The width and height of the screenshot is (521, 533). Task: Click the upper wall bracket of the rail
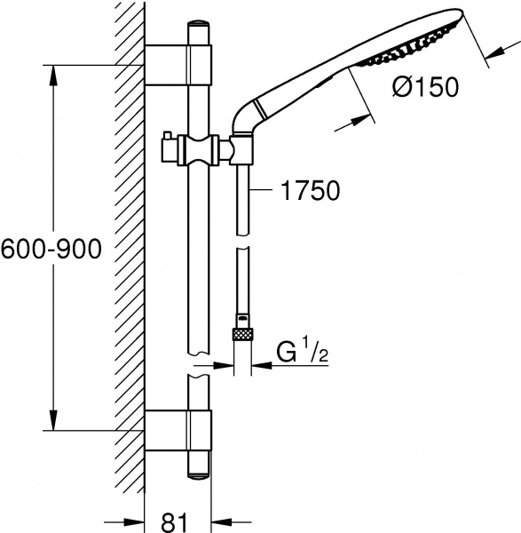pos(178,65)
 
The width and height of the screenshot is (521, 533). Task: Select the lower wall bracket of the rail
pos(178,430)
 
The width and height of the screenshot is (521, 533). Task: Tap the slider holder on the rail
pos(200,149)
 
